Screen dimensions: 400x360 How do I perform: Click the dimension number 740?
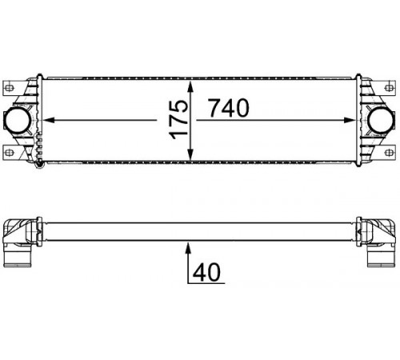[x=229, y=108]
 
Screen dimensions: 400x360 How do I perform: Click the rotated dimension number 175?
[x=178, y=120]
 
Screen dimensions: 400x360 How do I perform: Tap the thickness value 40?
[x=206, y=272]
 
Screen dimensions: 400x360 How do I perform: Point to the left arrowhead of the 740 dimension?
[x=49, y=120]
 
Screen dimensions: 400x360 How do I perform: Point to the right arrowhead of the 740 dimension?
[x=350, y=120]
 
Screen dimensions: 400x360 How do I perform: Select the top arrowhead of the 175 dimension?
[x=190, y=87]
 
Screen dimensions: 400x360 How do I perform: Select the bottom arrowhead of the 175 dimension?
[x=190, y=154]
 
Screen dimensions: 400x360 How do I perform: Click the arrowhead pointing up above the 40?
[x=188, y=247]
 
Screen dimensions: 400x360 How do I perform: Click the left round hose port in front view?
[x=17, y=120]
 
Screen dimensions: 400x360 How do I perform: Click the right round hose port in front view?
[x=381, y=120]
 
